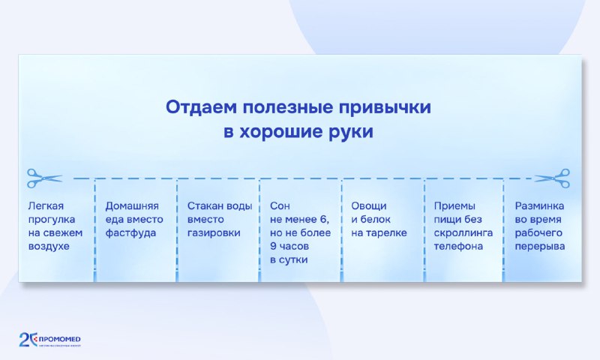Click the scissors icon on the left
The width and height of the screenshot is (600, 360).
point(44,178)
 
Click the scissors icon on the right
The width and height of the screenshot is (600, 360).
point(553,178)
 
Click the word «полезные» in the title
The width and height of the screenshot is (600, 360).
point(295,106)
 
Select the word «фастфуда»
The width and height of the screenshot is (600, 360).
point(130,232)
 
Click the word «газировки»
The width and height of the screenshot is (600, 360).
point(214,232)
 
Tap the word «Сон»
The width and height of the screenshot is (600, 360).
point(280,205)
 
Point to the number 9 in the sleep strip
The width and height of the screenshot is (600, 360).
point(273,246)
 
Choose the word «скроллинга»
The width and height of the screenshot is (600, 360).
point(463,232)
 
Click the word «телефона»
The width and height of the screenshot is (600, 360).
point(459,246)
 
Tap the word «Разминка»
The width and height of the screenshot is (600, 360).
point(539,205)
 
